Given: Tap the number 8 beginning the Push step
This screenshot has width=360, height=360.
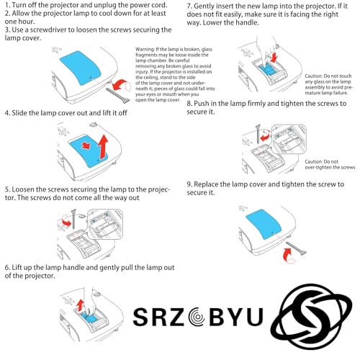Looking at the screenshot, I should (x=189, y=104).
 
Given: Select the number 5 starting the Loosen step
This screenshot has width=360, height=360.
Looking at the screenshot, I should (x=6, y=186).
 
